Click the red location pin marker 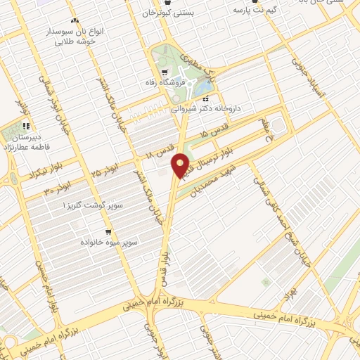tap(181, 165)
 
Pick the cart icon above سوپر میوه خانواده tap(108, 231)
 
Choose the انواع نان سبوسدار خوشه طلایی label tap(82, 37)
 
